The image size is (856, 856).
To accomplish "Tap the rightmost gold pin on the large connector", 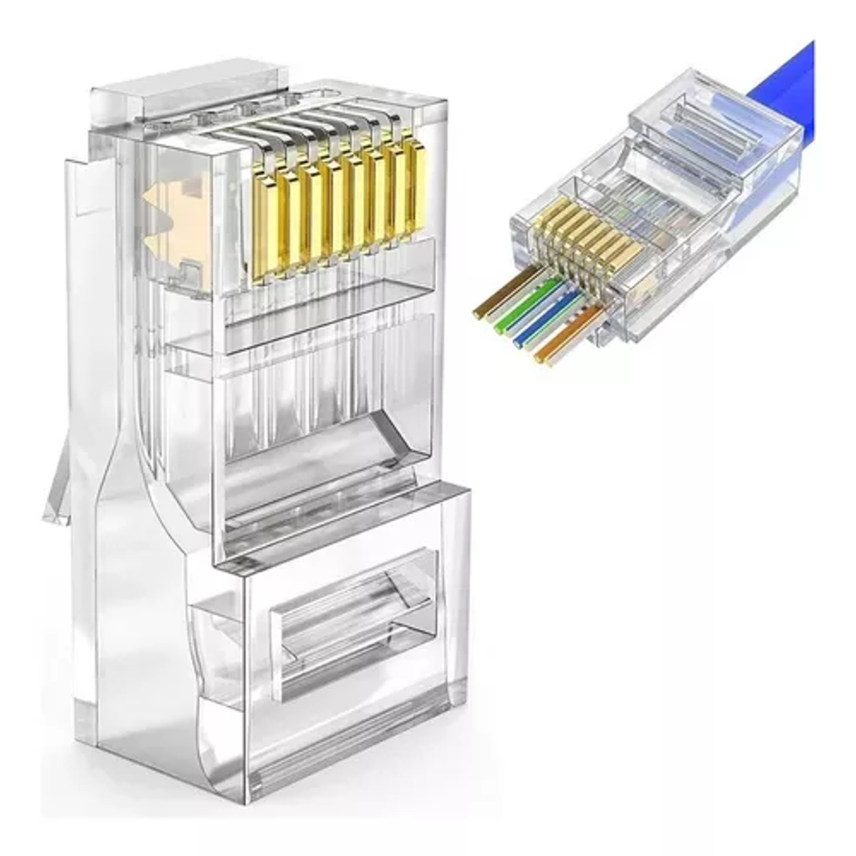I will [x=412, y=187].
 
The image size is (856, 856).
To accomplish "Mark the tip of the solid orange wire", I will [x=540, y=358].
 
